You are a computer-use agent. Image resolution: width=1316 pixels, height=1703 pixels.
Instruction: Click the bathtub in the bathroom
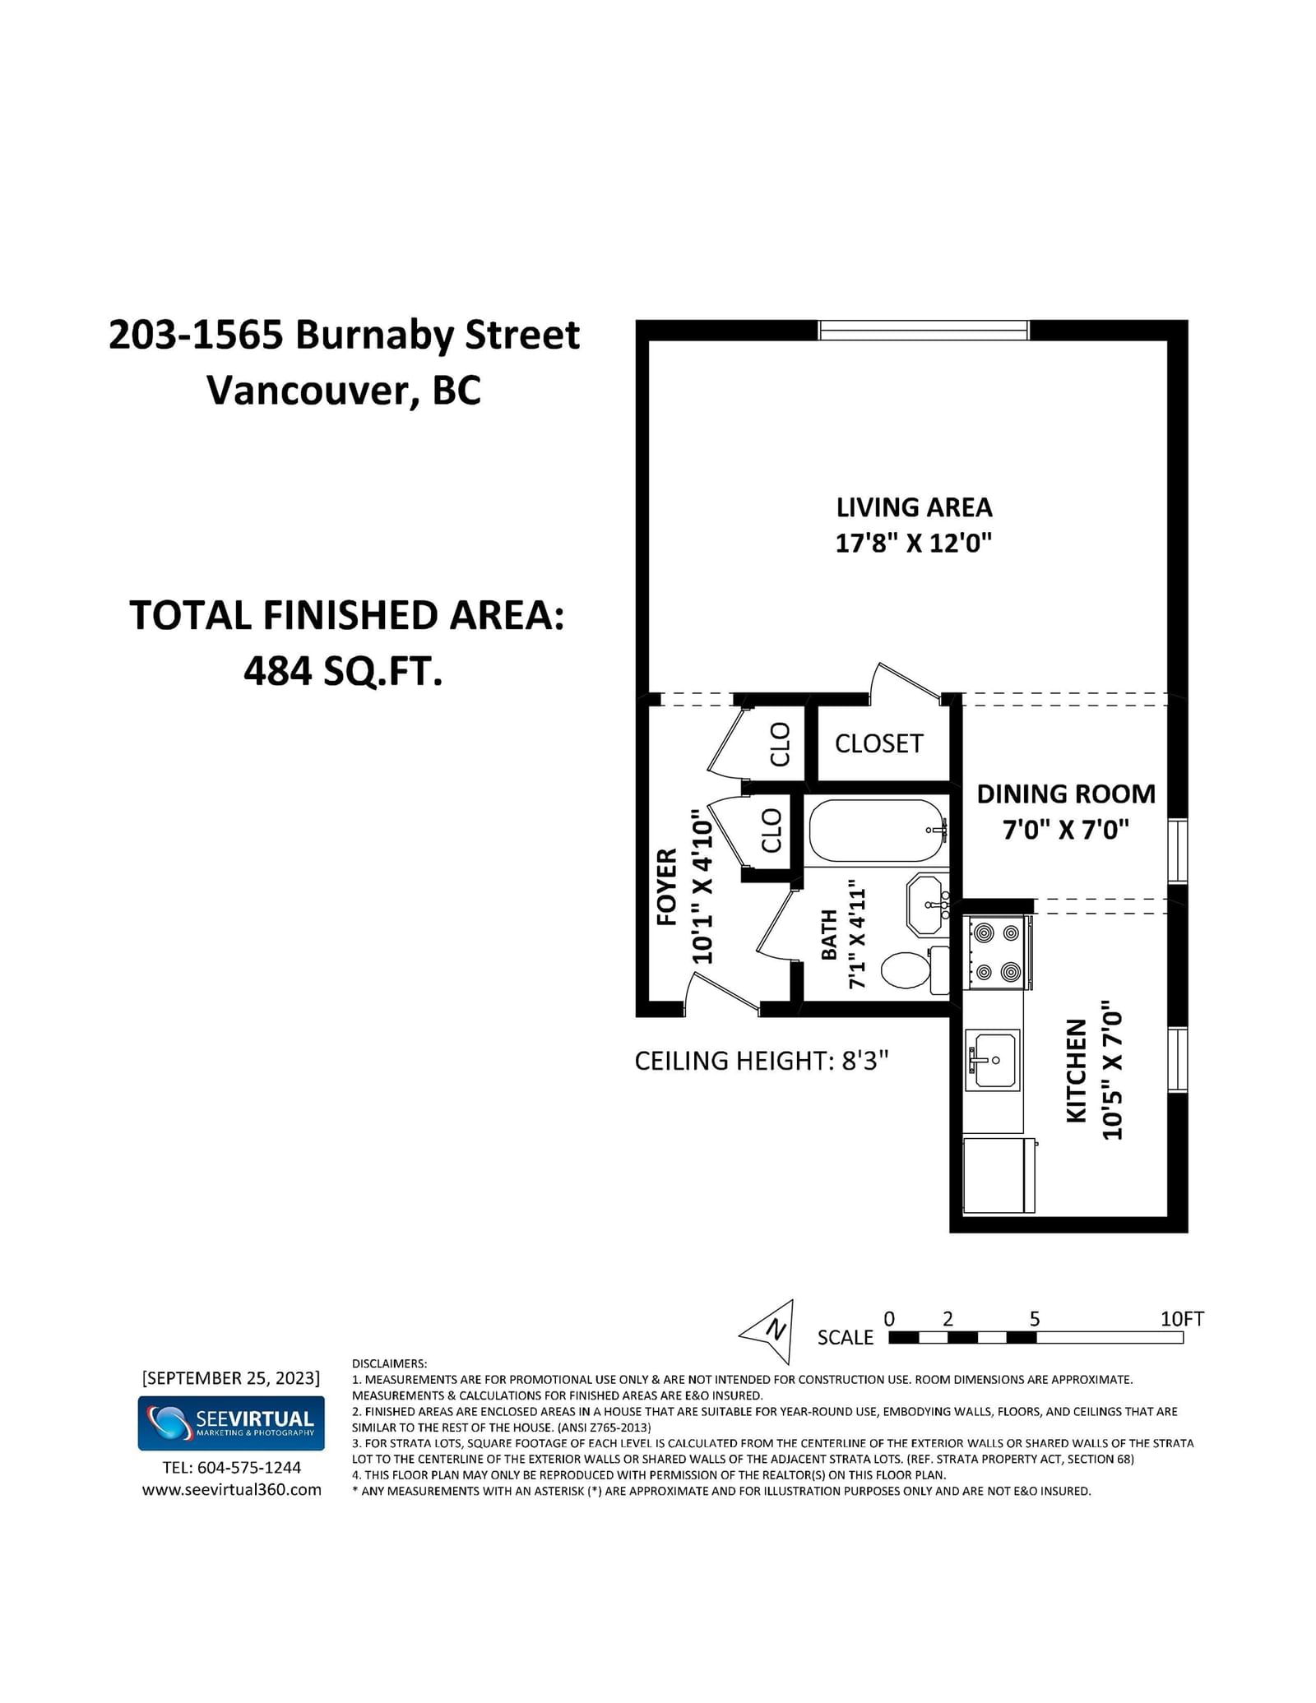point(877,831)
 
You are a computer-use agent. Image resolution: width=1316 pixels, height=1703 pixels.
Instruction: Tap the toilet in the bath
point(915,970)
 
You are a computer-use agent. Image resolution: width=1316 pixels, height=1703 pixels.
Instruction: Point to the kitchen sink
point(993,1060)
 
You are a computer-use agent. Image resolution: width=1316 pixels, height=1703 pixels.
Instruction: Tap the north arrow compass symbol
point(769,1331)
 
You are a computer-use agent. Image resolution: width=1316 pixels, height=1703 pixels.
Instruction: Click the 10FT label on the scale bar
point(1182,1319)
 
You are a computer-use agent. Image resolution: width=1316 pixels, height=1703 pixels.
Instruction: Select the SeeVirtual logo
point(231,1423)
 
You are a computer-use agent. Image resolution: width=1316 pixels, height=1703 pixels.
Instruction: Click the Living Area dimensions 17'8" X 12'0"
point(914,543)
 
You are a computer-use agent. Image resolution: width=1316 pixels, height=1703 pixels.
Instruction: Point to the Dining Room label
point(1066,794)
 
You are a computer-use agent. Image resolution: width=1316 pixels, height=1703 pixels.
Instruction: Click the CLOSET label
point(878,743)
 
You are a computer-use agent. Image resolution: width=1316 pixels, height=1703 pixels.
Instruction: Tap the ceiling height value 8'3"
point(865,1061)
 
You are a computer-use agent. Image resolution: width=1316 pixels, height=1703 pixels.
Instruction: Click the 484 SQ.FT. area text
point(343,672)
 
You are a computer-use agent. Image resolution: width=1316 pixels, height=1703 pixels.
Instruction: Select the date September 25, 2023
point(231,1378)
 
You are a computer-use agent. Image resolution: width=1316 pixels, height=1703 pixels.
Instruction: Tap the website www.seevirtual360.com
point(232,1490)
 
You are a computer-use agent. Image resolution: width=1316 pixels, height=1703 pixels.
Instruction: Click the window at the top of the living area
point(924,330)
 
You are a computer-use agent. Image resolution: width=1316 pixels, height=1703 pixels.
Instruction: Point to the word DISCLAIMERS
point(389,1363)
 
